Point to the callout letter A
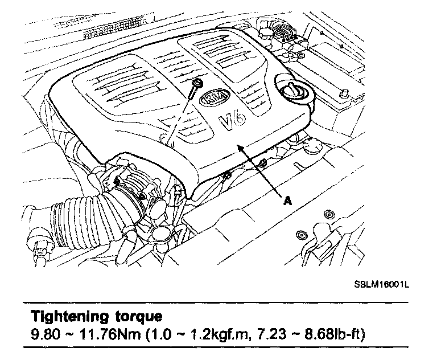tap(288, 199)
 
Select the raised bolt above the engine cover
tap(196, 85)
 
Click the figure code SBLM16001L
tap(379, 283)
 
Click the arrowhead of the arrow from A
tap(242, 148)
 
